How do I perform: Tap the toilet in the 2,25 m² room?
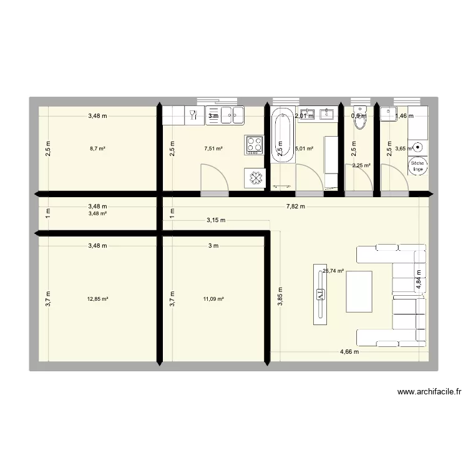click(x=359, y=118)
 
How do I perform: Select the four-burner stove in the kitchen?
click(x=255, y=145)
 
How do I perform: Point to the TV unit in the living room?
click(x=320, y=294)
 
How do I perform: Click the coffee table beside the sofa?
click(x=360, y=291)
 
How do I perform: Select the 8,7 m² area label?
click(x=97, y=149)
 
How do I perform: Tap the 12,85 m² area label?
click(x=97, y=299)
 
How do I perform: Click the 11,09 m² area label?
click(x=213, y=299)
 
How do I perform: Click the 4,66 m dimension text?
click(x=349, y=352)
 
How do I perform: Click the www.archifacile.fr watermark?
click(x=429, y=392)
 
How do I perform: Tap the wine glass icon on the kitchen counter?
click(x=192, y=114)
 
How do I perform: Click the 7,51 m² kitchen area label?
click(x=213, y=149)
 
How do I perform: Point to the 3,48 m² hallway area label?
click(x=97, y=213)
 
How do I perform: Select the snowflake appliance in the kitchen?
click(x=255, y=178)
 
